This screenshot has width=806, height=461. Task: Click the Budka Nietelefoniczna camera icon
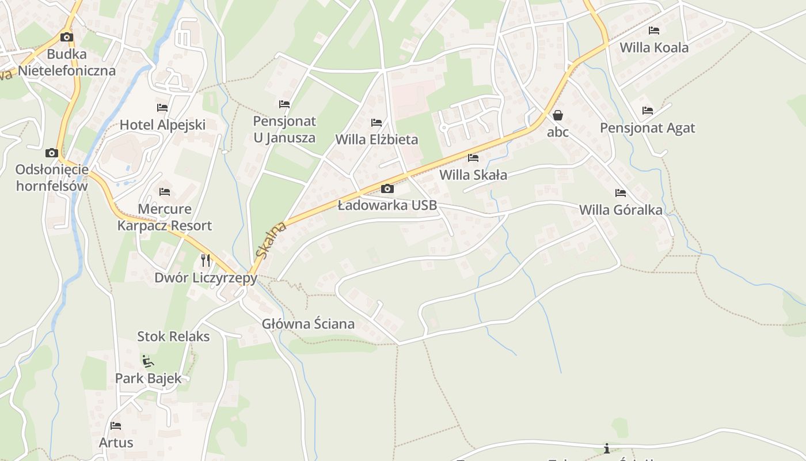click(67, 37)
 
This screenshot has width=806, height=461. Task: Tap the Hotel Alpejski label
click(162, 125)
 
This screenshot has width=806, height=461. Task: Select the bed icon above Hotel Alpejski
click(162, 107)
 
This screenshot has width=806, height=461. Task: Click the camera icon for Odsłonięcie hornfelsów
click(52, 153)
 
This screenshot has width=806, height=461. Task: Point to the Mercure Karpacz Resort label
click(165, 217)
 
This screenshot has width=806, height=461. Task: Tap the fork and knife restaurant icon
click(206, 260)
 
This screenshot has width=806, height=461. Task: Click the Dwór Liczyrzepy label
click(206, 278)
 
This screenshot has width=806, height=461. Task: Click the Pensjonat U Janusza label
click(284, 130)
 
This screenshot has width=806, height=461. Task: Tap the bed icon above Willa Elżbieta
click(377, 122)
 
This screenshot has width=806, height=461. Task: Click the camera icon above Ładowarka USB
click(387, 188)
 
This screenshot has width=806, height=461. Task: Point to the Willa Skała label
click(473, 175)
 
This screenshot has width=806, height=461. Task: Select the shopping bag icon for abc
click(557, 115)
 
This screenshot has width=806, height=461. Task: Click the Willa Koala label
click(654, 48)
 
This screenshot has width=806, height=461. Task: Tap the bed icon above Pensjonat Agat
click(648, 110)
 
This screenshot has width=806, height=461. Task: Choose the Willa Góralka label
click(621, 210)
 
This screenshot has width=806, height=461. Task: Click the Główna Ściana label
click(308, 324)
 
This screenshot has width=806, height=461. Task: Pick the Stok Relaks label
click(173, 337)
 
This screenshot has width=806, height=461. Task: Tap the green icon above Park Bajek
click(148, 361)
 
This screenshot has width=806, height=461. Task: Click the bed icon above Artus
click(116, 426)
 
